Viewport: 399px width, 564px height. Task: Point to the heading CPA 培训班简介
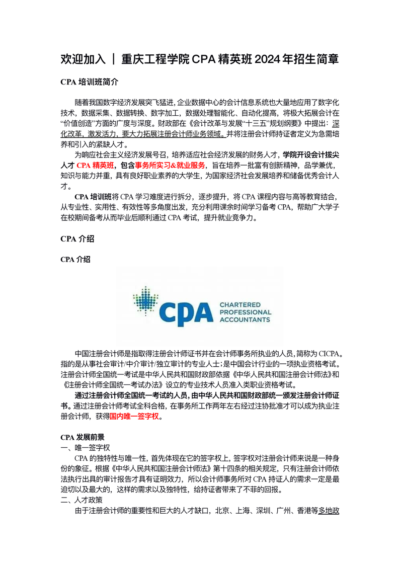[x=90, y=82]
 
